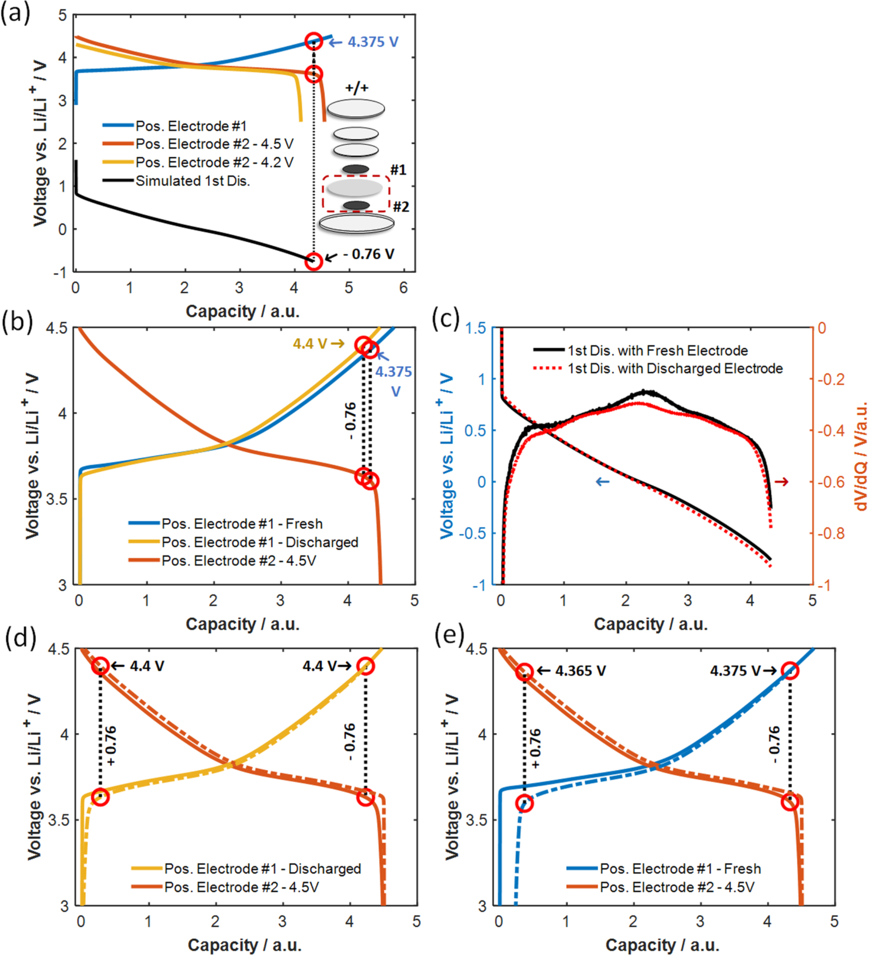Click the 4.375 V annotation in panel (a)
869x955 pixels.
(x=372, y=42)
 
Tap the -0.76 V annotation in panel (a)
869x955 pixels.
(x=368, y=254)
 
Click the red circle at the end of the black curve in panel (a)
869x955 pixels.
(x=314, y=261)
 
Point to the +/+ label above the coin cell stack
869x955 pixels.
(x=357, y=88)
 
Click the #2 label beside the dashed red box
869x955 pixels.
(x=401, y=207)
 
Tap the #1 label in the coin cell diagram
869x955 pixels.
(x=398, y=170)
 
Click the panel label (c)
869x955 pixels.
(x=445, y=319)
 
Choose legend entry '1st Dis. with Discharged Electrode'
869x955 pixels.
(x=675, y=368)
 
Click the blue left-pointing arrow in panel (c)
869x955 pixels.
(x=603, y=482)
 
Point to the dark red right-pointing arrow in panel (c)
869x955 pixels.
(x=781, y=482)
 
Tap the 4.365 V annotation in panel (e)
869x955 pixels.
(x=580, y=671)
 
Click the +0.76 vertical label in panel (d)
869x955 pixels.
(x=111, y=746)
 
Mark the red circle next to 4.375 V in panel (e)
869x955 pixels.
(x=790, y=671)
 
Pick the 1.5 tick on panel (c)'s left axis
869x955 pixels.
(x=476, y=328)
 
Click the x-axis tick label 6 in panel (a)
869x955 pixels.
(x=403, y=288)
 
